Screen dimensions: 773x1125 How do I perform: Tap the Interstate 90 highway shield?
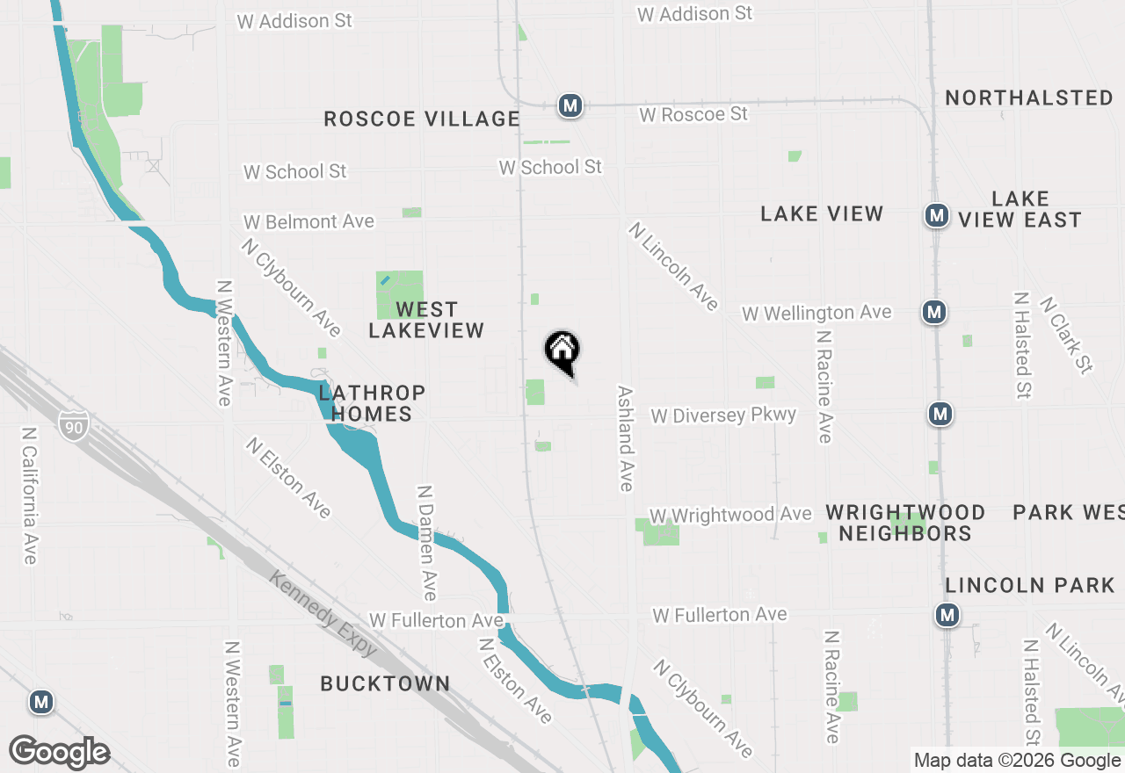(x=75, y=424)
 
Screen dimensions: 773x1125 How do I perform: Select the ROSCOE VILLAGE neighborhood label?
(x=422, y=119)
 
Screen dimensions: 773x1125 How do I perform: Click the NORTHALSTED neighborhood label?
(x=1029, y=98)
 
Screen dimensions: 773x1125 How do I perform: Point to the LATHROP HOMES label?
(x=372, y=403)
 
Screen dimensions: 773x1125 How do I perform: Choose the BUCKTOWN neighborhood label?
(x=385, y=683)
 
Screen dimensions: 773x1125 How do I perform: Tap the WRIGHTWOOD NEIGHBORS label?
(x=904, y=523)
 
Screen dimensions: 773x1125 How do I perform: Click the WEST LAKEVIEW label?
(x=426, y=320)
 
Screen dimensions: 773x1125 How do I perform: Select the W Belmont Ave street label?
(x=308, y=221)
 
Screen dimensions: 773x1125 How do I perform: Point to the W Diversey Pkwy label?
(x=723, y=415)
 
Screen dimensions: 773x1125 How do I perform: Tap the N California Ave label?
(x=30, y=496)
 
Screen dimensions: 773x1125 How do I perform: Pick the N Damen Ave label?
(x=426, y=542)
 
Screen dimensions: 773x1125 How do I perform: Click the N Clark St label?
(x=1066, y=335)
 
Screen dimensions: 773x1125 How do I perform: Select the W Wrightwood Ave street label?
(x=730, y=515)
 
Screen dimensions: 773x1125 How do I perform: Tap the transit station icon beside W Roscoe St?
(x=570, y=106)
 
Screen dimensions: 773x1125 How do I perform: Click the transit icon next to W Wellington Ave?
(x=934, y=312)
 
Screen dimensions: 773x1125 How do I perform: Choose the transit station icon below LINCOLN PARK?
(x=947, y=616)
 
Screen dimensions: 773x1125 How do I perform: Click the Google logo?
(x=59, y=753)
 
